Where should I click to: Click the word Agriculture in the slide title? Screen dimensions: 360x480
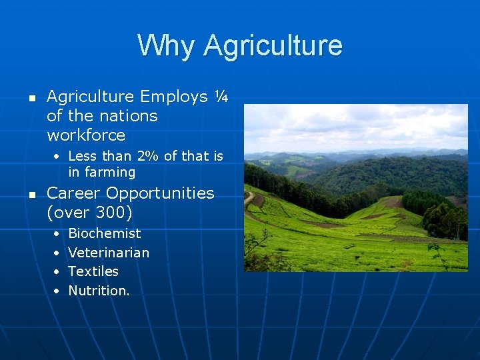[273, 45]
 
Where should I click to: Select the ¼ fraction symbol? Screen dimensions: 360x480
[222, 97]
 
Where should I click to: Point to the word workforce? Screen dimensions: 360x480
[86, 135]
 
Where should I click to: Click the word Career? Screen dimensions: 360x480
[74, 193]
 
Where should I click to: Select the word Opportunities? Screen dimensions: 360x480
[161, 193]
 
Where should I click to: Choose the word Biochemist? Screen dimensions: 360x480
[105, 233]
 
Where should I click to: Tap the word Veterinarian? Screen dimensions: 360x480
[109, 253]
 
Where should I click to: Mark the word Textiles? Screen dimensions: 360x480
[93, 271]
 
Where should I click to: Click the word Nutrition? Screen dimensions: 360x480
[98, 291]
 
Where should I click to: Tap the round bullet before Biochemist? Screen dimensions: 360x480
[56, 234]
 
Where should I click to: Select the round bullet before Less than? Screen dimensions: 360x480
[57, 157]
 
